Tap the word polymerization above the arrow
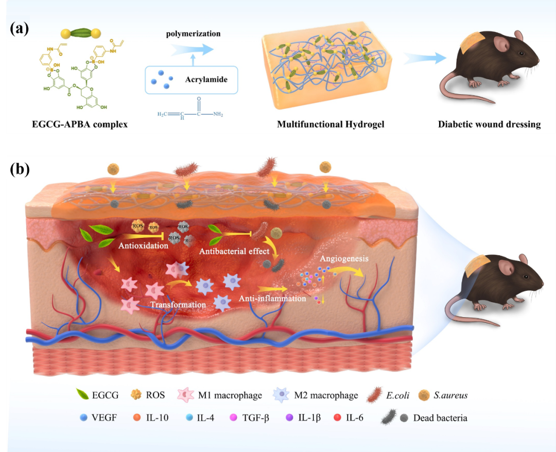pos(194,34)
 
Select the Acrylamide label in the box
pos(206,80)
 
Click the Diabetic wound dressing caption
pos(489,125)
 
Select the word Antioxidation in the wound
pos(143,246)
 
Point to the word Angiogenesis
pos(343,258)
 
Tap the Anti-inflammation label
pos(272,298)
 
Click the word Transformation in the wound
pos(178,305)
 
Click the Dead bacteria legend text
pos(440,418)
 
